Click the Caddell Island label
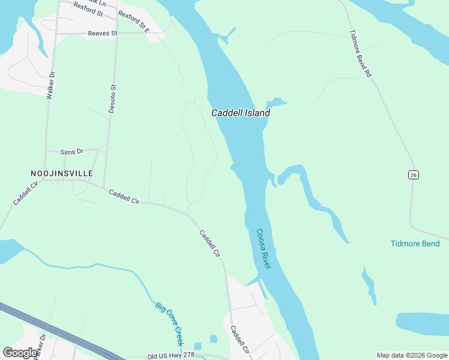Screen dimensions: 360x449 click(x=240, y=113)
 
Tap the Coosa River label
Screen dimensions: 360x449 click(x=264, y=248)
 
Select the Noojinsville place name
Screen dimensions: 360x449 click(x=62, y=173)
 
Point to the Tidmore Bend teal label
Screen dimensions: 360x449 click(x=415, y=244)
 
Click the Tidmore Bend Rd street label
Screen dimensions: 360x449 click(x=361, y=53)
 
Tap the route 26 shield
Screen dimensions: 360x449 click(x=413, y=175)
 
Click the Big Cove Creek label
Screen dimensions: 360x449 click(x=169, y=323)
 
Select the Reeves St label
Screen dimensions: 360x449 click(x=102, y=34)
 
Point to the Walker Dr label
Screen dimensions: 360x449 click(x=52, y=85)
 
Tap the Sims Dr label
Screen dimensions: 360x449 click(x=71, y=152)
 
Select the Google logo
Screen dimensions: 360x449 click(x=20, y=353)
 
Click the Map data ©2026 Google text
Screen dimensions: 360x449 click(x=412, y=355)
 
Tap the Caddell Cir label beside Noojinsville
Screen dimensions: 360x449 click(x=25, y=193)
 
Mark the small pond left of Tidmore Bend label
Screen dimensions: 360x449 click(x=369, y=285)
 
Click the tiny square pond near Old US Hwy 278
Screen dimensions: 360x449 click(x=214, y=339)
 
